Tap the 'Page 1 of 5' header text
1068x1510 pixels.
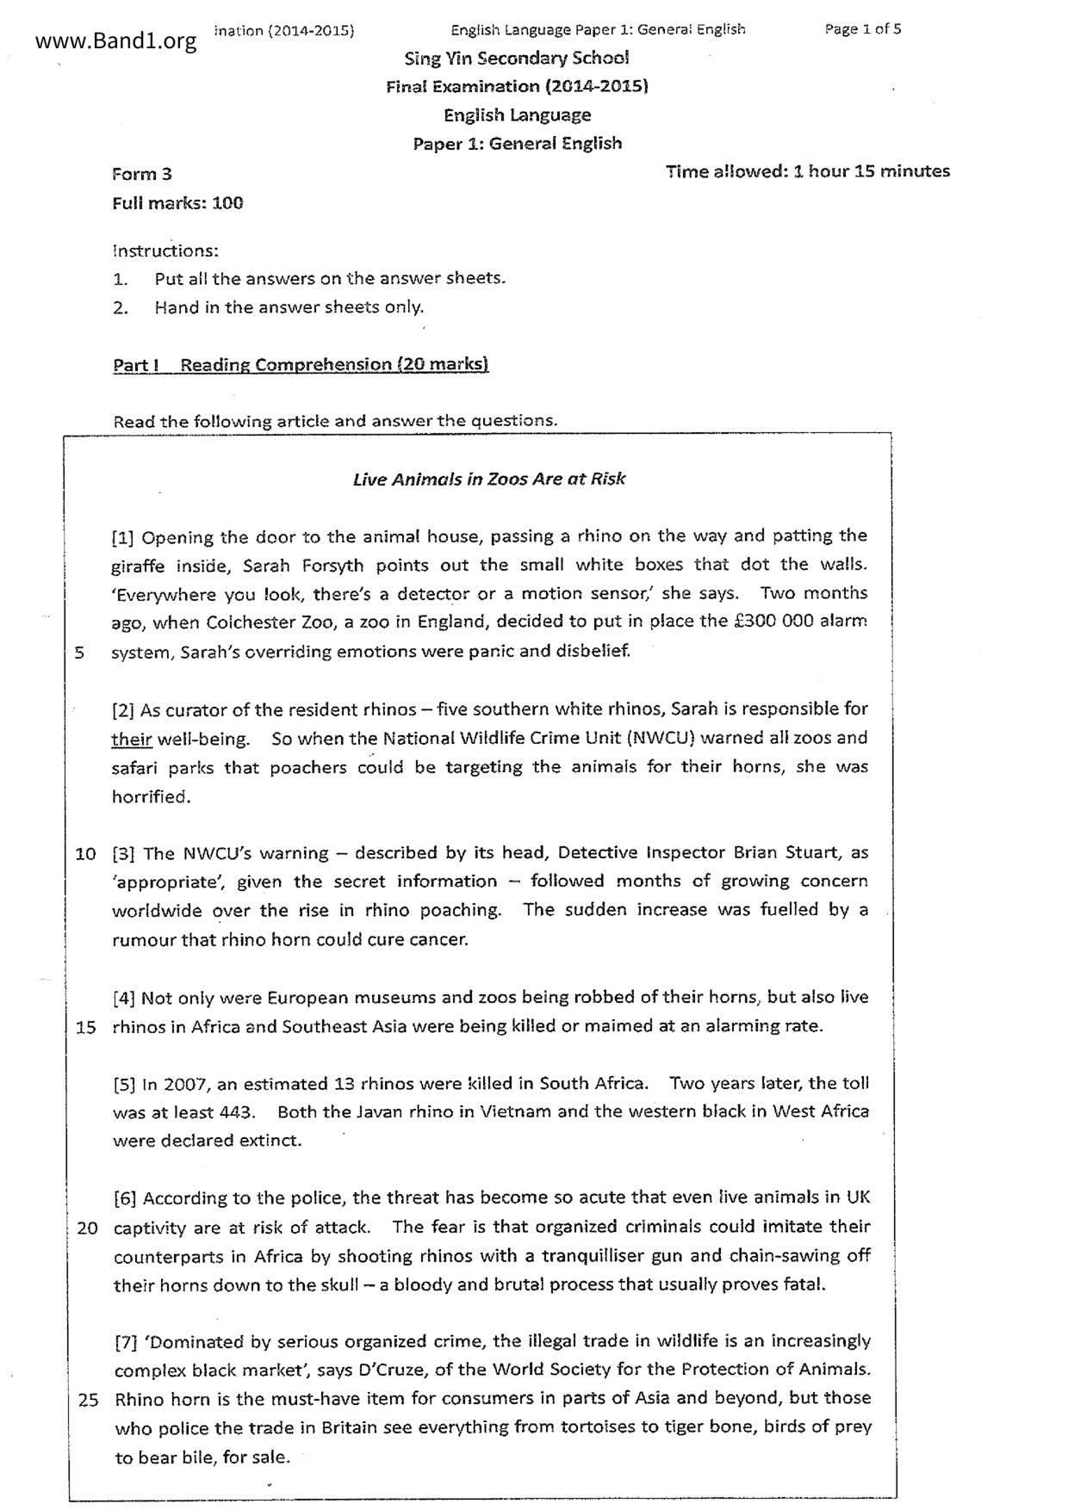pos(862,29)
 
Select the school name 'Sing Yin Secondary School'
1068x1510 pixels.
pos(517,59)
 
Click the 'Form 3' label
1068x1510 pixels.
pos(142,174)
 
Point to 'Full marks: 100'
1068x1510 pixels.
pos(177,203)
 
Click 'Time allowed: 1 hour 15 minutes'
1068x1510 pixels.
pos(807,171)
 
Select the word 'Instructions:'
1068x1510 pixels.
pos(165,251)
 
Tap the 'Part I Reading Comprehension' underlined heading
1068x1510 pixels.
pos(301,365)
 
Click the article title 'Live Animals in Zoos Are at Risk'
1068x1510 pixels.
pos(489,480)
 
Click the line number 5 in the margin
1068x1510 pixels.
pos(79,652)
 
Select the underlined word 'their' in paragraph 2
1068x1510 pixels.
pos(131,739)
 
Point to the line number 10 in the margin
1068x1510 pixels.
pos(85,854)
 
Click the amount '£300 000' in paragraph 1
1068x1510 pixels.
pos(770,622)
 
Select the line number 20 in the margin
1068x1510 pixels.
pos(87,1228)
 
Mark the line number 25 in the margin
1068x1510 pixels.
pos(88,1400)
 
